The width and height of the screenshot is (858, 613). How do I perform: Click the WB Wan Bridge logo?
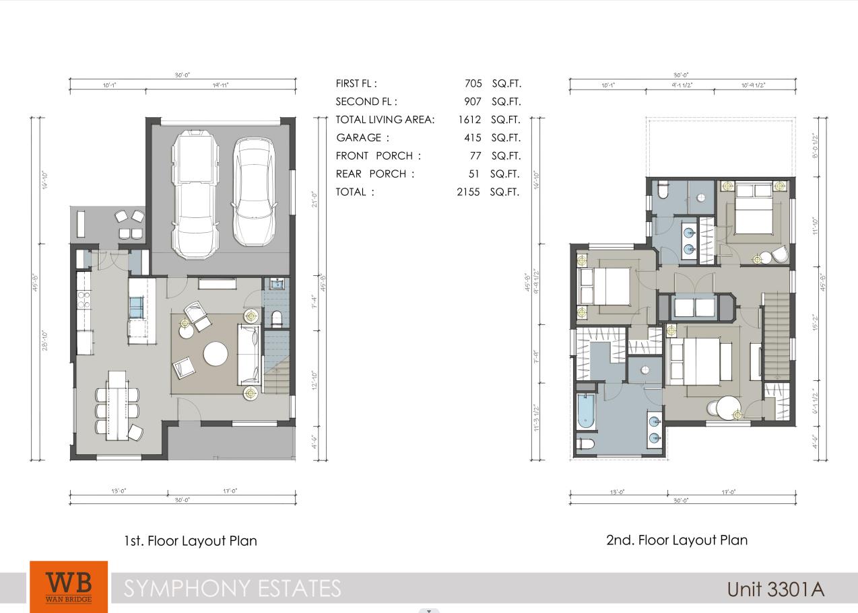click(x=68, y=586)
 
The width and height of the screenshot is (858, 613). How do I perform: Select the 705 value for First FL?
click(x=473, y=83)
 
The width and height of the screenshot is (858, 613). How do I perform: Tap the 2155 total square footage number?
click(x=468, y=192)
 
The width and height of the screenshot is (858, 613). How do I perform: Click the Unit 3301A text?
click(x=775, y=589)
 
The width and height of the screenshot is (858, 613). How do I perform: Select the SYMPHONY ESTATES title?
click(x=232, y=589)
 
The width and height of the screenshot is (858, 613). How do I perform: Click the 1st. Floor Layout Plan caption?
click(x=190, y=540)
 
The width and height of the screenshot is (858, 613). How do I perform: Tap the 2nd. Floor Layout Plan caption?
click(x=676, y=540)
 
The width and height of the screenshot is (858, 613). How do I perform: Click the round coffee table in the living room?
click(x=216, y=354)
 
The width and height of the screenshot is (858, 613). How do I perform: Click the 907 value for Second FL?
click(x=473, y=102)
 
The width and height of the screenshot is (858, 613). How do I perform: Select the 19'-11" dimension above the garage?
click(x=220, y=85)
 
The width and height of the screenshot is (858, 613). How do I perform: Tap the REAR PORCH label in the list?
click(x=371, y=174)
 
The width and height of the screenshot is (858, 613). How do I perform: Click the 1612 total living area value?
click(x=469, y=120)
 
